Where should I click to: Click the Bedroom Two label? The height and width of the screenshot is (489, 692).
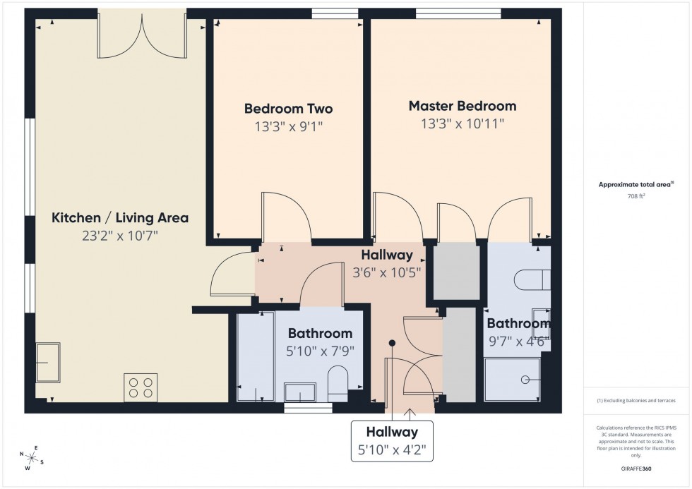pyautogui.click(x=288, y=109)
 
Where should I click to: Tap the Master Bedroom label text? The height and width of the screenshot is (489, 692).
pyautogui.click(x=463, y=106)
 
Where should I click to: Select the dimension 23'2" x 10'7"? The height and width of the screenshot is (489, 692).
pyautogui.click(x=120, y=236)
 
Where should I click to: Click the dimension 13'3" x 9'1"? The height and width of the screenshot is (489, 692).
pyautogui.click(x=288, y=127)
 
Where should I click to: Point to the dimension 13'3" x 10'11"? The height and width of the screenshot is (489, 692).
pyautogui.click(x=463, y=124)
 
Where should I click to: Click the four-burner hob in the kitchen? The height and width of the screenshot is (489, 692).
pyautogui.click(x=140, y=386)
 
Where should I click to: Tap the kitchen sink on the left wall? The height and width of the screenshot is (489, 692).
pyautogui.click(x=48, y=362)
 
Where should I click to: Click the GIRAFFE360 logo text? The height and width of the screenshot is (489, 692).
pyautogui.click(x=636, y=468)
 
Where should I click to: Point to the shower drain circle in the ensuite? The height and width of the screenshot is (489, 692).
pyautogui.click(x=525, y=380)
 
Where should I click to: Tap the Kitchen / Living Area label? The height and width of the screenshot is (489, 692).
pyautogui.click(x=120, y=218)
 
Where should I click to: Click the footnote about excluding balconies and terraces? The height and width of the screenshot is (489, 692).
pyautogui.click(x=636, y=400)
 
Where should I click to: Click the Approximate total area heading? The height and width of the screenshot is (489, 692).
pyautogui.click(x=635, y=185)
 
